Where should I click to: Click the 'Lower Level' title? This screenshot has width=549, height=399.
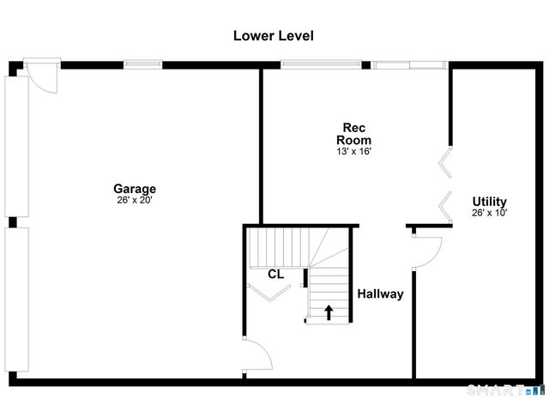[x=274, y=36]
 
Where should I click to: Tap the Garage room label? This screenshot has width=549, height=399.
[x=135, y=189]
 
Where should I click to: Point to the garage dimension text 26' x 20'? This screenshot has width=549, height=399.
[x=135, y=201]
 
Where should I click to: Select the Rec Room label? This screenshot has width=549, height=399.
[x=353, y=133]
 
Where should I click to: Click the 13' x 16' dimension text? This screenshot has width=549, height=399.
[x=353, y=151]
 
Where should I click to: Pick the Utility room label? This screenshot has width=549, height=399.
[x=489, y=202]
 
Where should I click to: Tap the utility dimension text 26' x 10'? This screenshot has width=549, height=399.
[x=489, y=213]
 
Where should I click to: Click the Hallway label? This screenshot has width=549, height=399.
[x=380, y=293]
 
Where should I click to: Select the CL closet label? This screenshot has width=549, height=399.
[x=275, y=275]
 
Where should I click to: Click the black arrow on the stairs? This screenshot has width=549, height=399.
[x=329, y=311]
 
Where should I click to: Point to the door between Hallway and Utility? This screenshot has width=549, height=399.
[x=426, y=246]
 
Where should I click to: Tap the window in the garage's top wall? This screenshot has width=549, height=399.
[x=142, y=63]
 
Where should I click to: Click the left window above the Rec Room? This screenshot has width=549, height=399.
[x=322, y=63]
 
